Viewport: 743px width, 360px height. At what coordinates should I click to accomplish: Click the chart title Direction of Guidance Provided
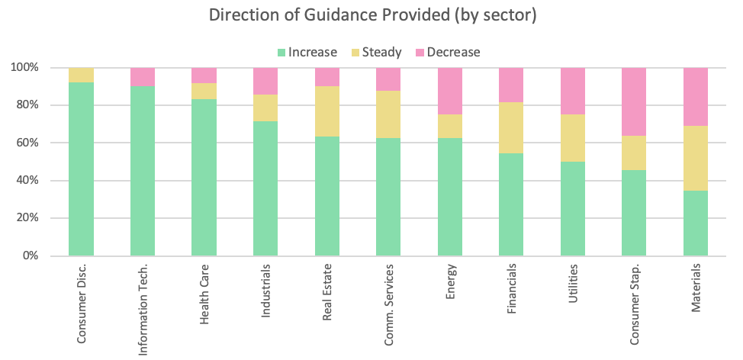(x=371, y=16)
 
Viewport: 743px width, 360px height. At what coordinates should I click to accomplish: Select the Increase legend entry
(x=307, y=52)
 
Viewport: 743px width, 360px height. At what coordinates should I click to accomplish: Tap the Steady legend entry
(x=379, y=52)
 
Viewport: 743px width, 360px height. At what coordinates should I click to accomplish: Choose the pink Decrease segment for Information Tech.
(x=143, y=77)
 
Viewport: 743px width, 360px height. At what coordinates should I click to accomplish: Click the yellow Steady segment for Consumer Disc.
(x=81, y=75)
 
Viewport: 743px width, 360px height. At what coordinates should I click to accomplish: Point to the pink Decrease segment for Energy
(x=449, y=91)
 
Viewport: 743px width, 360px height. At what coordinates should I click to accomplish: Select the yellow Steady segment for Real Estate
(x=326, y=111)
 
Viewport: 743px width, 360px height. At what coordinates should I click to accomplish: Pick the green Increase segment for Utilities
(x=573, y=208)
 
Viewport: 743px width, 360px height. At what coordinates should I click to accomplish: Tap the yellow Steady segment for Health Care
(x=204, y=91)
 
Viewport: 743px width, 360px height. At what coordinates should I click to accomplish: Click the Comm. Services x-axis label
(x=389, y=306)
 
